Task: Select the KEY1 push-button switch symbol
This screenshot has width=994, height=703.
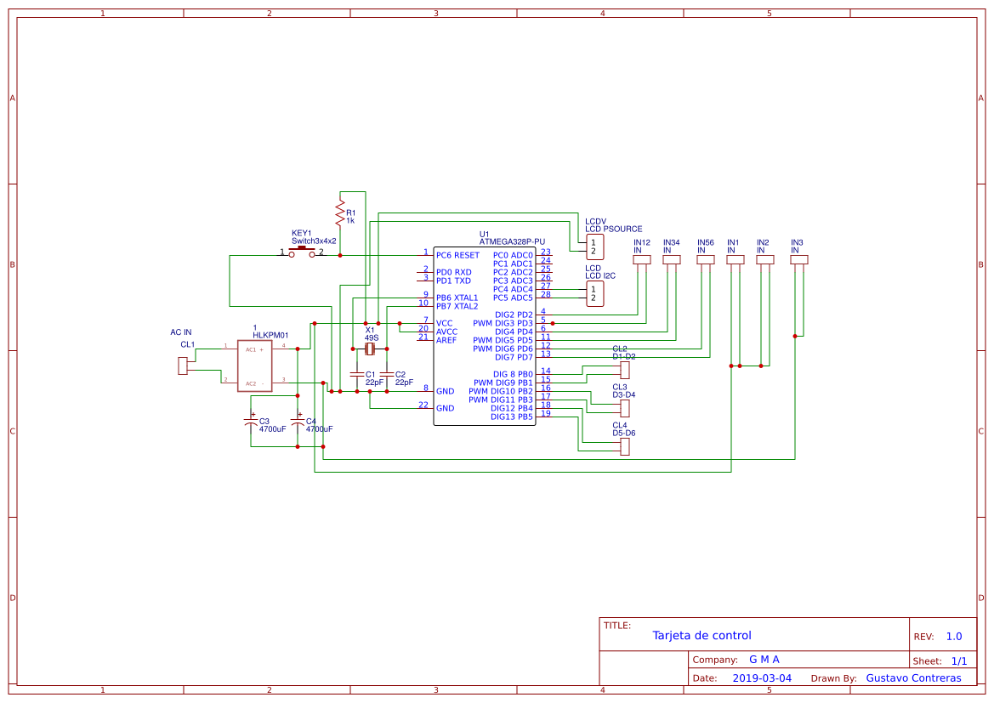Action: point(302,252)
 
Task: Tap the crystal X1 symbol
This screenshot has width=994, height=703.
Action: point(370,349)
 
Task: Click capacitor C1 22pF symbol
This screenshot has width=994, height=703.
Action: point(355,374)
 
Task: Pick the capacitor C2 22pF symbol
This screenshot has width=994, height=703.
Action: point(386,374)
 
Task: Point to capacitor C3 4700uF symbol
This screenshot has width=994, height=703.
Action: point(251,422)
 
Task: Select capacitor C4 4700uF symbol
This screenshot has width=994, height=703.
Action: point(298,422)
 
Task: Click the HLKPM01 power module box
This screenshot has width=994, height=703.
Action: point(254,366)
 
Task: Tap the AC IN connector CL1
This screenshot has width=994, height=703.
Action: point(182,366)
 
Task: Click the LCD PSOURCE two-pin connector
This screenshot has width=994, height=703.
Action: point(595,247)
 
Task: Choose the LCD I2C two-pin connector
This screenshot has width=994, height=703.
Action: point(595,294)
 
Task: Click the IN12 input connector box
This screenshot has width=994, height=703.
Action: point(642,260)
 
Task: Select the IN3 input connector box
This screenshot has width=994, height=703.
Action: point(798,260)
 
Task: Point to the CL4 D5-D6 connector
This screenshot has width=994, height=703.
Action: point(625,446)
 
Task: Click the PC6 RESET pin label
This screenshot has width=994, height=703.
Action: point(457,255)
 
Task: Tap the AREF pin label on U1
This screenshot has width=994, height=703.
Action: point(446,340)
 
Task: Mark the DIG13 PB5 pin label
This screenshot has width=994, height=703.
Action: point(511,417)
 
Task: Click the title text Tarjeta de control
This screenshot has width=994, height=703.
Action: point(701,636)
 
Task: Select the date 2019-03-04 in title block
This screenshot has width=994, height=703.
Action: point(762,678)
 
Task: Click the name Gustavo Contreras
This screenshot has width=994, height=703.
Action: point(913,678)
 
